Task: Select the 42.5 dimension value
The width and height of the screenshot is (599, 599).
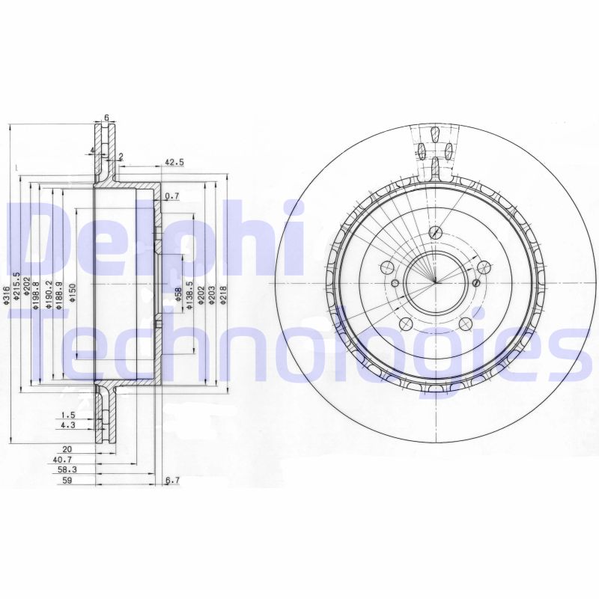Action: pyautogui.click(x=174, y=162)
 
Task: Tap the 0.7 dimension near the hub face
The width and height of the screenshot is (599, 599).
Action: pyautogui.click(x=171, y=196)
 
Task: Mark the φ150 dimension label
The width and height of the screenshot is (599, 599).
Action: pyautogui.click(x=73, y=292)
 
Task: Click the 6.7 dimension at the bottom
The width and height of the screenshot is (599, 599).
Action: pyautogui.click(x=171, y=481)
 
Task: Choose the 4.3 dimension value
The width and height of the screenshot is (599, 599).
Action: pyautogui.click(x=68, y=426)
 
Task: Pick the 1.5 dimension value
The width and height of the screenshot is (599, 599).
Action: pyautogui.click(x=68, y=415)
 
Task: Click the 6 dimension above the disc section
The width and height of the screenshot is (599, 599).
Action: pyautogui.click(x=106, y=118)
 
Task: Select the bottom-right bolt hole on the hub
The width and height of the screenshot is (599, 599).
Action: pyautogui.click(x=466, y=323)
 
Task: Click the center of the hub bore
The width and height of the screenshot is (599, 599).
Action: pyautogui.click(x=434, y=283)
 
